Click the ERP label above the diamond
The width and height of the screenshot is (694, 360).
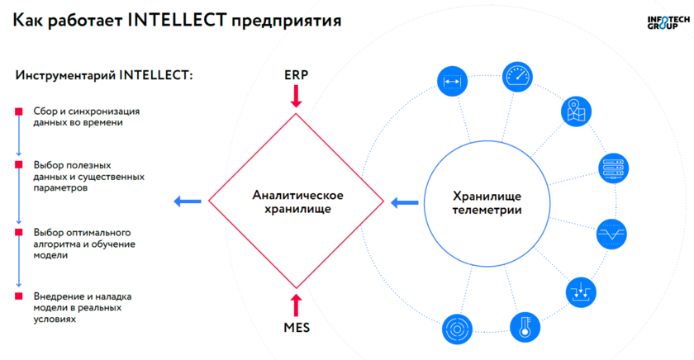click(x=296, y=74)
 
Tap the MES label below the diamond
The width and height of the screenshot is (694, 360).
click(x=296, y=329)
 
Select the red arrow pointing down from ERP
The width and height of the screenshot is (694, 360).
click(x=296, y=97)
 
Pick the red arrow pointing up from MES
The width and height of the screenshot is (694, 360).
click(x=296, y=302)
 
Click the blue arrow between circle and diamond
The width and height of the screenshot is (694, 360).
click(x=404, y=201)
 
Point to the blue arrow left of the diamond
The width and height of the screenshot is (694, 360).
click(x=188, y=201)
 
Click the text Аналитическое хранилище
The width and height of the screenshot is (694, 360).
click(x=297, y=201)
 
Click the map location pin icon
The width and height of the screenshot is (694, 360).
click(x=575, y=110)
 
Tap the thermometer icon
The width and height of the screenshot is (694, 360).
click(x=523, y=325)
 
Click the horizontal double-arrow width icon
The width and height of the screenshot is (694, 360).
click(x=451, y=81)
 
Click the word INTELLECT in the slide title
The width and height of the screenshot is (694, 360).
click(x=178, y=21)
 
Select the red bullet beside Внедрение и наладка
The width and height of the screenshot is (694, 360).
click(x=18, y=296)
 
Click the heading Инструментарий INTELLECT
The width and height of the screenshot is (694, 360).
click(x=104, y=76)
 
